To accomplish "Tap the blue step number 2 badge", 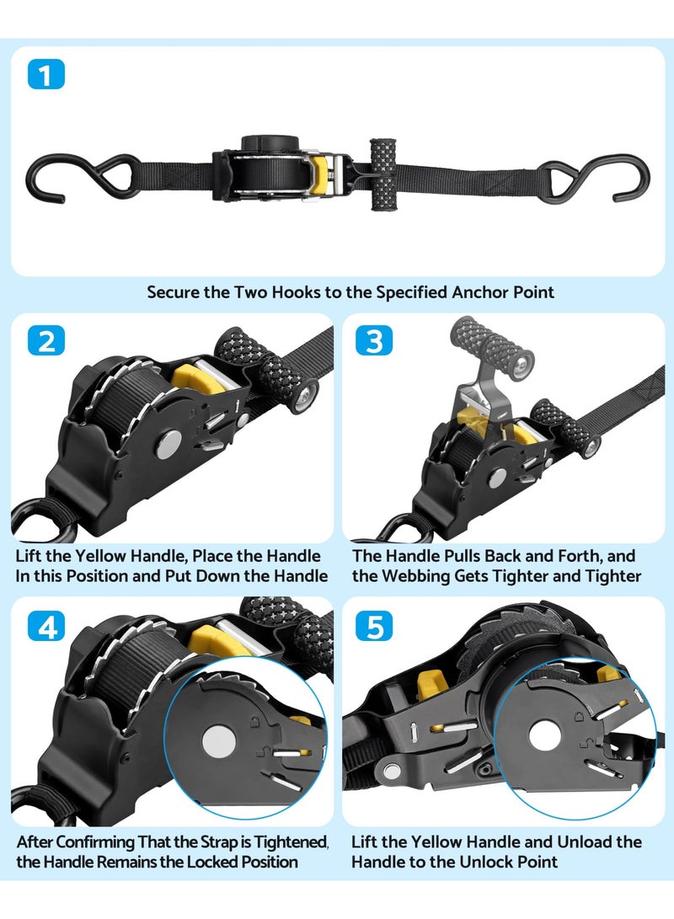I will click(x=45, y=340).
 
